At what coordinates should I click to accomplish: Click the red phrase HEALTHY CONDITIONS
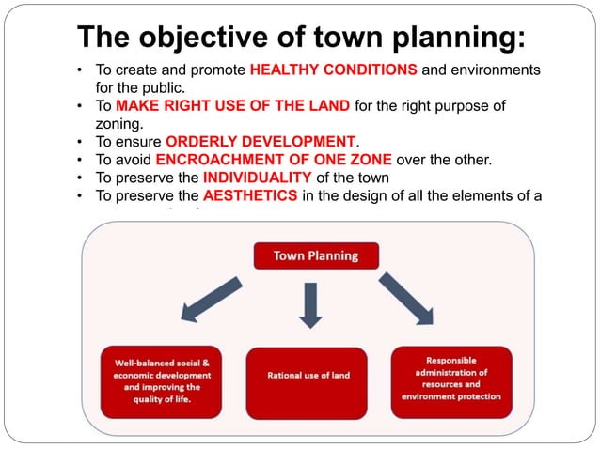(x=333, y=70)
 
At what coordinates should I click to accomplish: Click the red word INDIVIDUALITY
(x=257, y=178)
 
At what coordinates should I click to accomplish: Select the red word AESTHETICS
(x=250, y=195)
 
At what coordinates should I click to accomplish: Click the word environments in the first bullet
(x=495, y=70)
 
